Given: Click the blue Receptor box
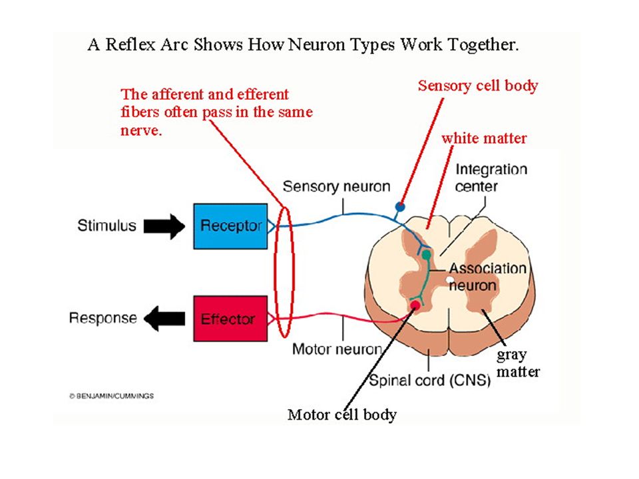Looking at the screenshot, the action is click(231, 226).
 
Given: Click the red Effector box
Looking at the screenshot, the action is click(231, 319).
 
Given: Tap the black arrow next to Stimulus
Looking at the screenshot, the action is click(164, 226).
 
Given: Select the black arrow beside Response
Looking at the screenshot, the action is click(164, 319).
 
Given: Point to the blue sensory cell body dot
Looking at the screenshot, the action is click(400, 206).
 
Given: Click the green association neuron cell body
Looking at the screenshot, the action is click(426, 255).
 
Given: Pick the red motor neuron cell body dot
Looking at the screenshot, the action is click(415, 305).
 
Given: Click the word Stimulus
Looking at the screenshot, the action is click(106, 226).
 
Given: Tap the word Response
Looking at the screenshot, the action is click(103, 318).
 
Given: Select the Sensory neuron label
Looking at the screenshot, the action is click(337, 186).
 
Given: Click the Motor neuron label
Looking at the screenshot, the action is click(337, 349).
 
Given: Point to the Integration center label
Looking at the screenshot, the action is click(491, 178).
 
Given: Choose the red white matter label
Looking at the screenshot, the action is click(484, 138).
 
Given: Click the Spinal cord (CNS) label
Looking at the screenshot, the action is click(430, 381).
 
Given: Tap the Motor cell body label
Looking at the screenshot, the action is click(342, 414).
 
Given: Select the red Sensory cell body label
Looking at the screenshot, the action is click(478, 86).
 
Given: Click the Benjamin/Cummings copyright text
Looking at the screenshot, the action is click(111, 395).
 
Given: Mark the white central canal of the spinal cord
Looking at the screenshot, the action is click(449, 279).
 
